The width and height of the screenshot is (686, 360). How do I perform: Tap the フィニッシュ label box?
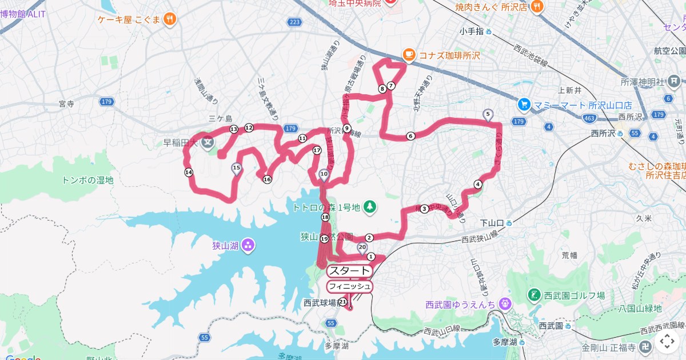click(350, 286)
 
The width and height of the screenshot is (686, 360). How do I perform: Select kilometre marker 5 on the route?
click(488, 114)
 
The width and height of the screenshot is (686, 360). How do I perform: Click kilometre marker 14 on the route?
click(189, 173)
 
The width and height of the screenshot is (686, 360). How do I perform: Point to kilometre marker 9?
click(347, 128)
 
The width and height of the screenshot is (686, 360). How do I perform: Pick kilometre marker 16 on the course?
click(266, 179)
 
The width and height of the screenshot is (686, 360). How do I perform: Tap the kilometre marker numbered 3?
click(424, 209)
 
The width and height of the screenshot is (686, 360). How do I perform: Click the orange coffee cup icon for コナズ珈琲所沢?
click(408, 55)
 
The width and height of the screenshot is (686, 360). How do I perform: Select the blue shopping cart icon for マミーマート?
click(524, 105)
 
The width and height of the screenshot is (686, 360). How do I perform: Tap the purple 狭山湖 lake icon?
click(248, 246)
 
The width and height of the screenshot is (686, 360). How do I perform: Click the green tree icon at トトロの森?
click(370, 206)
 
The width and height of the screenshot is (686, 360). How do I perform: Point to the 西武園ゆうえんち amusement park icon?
click(504, 305)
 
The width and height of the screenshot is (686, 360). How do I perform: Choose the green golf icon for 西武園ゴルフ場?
click(534, 295)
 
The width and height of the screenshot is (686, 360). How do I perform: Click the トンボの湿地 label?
click(87, 180)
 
